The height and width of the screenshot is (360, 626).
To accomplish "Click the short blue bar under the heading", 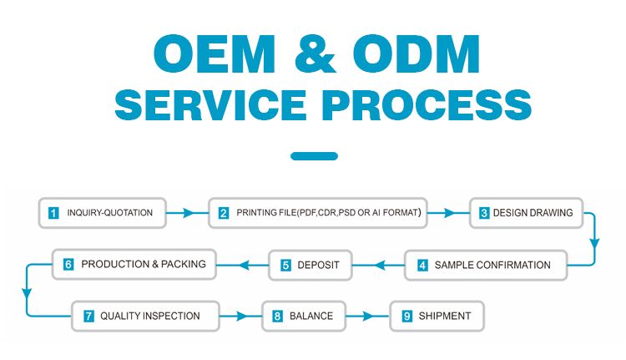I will [314, 156].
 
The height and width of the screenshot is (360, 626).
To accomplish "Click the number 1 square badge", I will [53, 213].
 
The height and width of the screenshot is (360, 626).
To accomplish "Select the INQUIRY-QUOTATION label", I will [109, 213].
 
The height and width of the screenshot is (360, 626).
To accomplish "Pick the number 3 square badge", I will [483, 213].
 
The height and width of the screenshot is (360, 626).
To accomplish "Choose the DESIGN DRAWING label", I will [533, 213].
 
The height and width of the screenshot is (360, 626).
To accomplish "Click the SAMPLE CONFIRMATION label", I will [492, 266].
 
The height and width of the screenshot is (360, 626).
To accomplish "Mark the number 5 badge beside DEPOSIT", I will [285, 266].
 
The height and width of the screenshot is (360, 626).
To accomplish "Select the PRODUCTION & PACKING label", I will [144, 265].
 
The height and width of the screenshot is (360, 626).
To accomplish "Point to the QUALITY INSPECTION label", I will [150, 317].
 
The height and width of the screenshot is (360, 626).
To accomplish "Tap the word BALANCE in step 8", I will [311, 317].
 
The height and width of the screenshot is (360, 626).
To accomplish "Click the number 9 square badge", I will [406, 317].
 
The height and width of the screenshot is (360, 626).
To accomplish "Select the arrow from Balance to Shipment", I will [367, 317].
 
